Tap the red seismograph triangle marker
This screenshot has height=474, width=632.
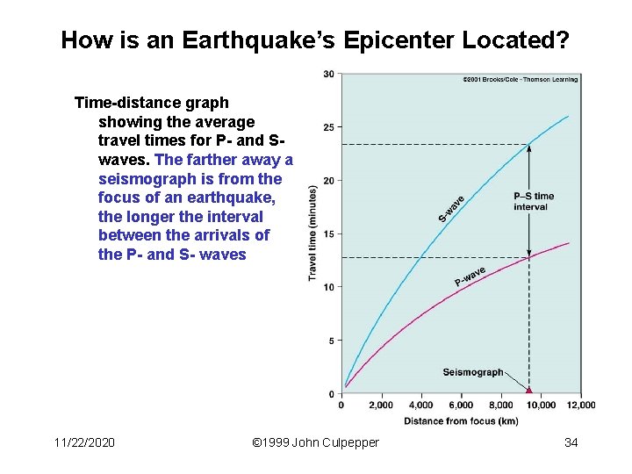(x=529, y=389)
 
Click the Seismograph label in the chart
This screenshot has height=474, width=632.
(x=473, y=372)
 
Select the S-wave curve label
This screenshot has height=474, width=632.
(x=451, y=208)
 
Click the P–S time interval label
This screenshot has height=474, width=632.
(x=534, y=201)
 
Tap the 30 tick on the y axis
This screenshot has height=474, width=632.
(x=328, y=74)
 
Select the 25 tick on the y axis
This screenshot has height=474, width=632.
(x=328, y=127)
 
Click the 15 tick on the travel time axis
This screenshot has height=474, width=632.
(x=328, y=234)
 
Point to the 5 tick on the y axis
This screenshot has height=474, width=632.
(x=331, y=341)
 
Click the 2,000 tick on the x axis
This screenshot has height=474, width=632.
(x=380, y=406)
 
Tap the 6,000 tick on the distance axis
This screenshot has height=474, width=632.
(x=461, y=406)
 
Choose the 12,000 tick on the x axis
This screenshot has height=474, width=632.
(x=580, y=406)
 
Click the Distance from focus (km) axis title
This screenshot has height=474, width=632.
(x=461, y=421)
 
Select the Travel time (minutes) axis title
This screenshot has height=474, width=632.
(x=312, y=233)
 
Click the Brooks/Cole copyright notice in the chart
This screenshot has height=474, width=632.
(x=520, y=80)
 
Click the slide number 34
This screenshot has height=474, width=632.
(x=571, y=442)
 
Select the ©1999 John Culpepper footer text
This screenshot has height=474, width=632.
(x=315, y=442)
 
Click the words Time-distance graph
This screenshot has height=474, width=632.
(x=151, y=103)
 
